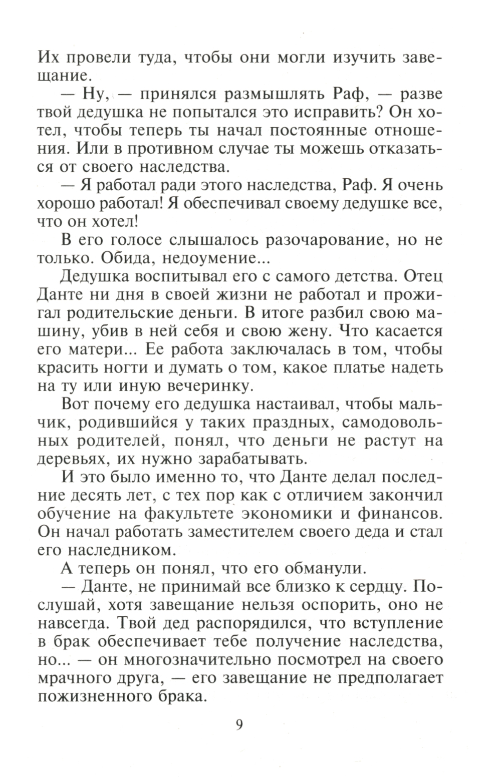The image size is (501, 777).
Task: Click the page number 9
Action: point(239,724)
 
